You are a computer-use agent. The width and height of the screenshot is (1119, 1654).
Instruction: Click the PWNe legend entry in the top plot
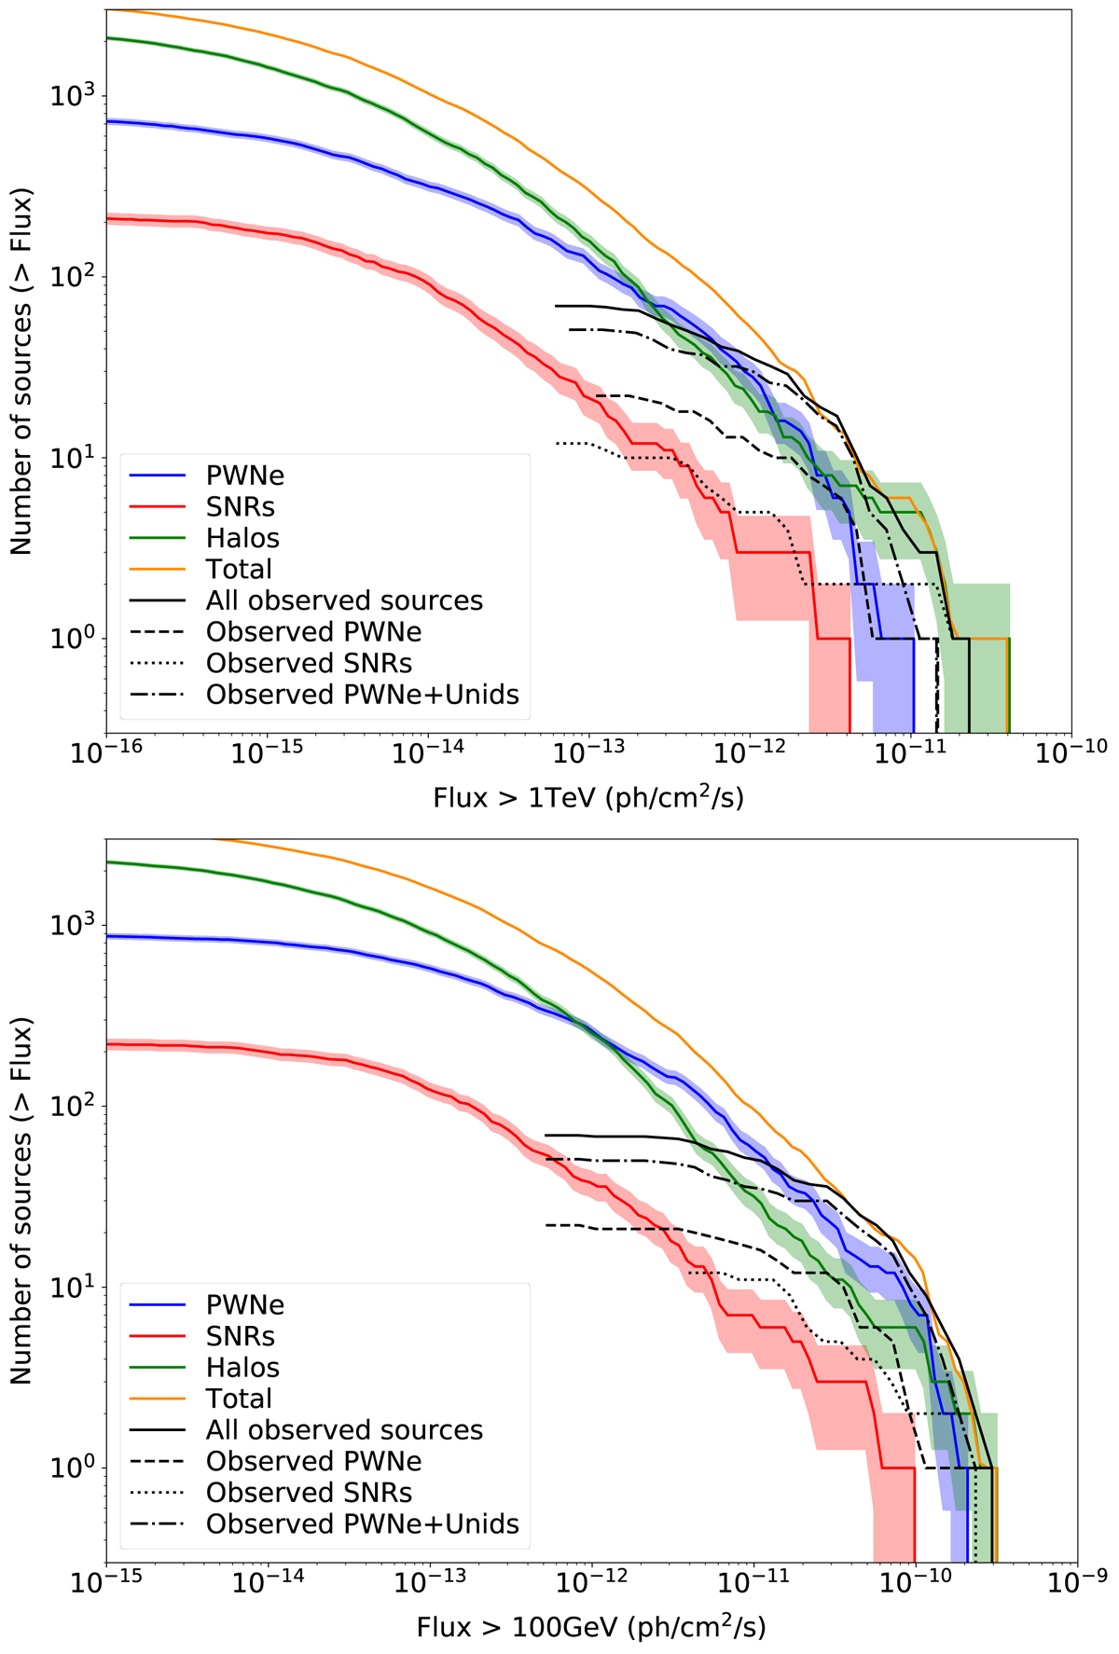point(244,476)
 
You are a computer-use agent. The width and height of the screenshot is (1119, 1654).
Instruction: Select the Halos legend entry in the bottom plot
point(242,1367)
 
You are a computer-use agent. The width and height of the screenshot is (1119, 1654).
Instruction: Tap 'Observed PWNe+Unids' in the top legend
point(362,695)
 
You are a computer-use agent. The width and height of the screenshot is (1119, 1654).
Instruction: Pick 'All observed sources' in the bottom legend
point(344,1429)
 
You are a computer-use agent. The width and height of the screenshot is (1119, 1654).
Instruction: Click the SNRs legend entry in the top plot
point(240,506)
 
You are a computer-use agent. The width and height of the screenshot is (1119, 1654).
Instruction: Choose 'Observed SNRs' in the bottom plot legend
point(309,1492)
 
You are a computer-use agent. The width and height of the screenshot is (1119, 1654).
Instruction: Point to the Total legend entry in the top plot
point(239,569)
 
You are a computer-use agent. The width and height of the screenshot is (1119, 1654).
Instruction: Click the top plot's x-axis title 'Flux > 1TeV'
point(588,798)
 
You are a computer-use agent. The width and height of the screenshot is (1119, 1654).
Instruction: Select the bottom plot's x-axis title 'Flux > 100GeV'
point(591,1628)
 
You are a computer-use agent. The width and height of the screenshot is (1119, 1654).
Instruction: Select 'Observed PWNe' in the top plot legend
point(313,632)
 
